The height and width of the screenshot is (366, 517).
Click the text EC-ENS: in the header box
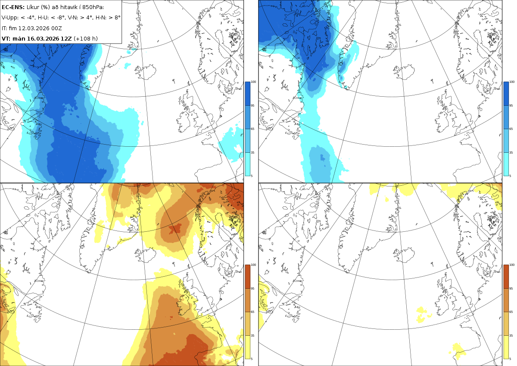click(x=13, y=7)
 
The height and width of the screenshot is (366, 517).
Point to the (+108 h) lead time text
click(x=86, y=38)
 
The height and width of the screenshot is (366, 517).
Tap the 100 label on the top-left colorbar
click(x=253, y=82)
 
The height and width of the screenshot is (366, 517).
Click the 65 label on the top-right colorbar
click(x=511, y=129)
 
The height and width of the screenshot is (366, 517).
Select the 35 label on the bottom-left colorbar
click(x=252, y=335)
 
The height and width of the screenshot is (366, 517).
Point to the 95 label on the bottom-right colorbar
click(x=511, y=289)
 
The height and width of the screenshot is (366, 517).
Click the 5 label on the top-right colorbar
click(x=510, y=176)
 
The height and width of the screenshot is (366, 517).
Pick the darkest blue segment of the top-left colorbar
click(x=247, y=94)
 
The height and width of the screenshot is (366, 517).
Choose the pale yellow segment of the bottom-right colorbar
click(x=506, y=347)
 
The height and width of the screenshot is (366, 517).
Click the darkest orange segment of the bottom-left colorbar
click(x=247, y=277)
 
